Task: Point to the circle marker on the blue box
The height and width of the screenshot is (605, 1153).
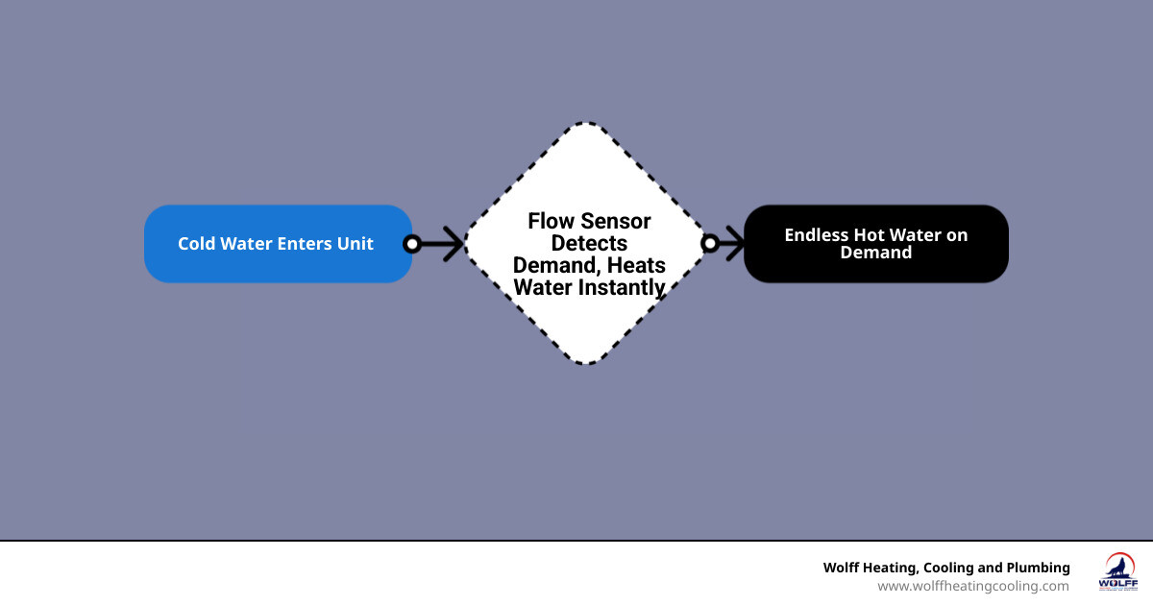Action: pyautogui.click(x=412, y=244)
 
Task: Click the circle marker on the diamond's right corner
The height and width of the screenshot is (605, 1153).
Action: pyautogui.click(x=710, y=244)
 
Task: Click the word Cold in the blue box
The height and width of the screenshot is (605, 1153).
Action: pyautogui.click(x=197, y=244)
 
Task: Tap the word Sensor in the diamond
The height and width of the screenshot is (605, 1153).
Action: pyautogui.click(x=615, y=222)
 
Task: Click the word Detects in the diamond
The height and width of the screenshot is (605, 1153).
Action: pyautogui.click(x=589, y=244)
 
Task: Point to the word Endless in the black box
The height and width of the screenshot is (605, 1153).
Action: pyautogui.click(x=817, y=235)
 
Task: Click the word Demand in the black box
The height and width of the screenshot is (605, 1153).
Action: pyautogui.click(x=875, y=253)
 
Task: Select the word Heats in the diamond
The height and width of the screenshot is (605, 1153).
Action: pyautogui.click(x=639, y=265)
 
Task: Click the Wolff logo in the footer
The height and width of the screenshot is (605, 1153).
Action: pyautogui.click(x=1116, y=572)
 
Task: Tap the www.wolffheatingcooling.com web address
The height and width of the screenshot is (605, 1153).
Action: pyautogui.click(x=972, y=586)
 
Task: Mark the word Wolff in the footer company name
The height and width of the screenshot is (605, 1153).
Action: pyautogui.click(x=844, y=568)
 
